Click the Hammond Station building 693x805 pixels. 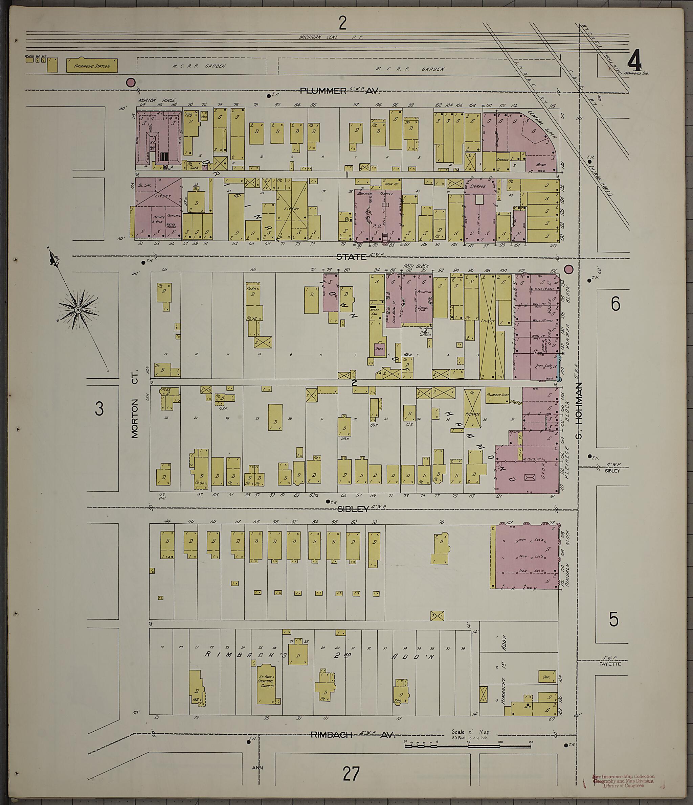(x=92, y=66)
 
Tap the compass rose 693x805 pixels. (x=78, y=309)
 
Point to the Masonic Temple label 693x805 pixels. (x=375, y=193)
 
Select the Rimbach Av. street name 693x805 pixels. (x=353, y=735)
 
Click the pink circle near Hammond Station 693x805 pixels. (x=131, y=82)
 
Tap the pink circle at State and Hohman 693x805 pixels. (x=568, y=269)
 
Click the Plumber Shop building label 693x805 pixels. (x=498, y=394)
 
